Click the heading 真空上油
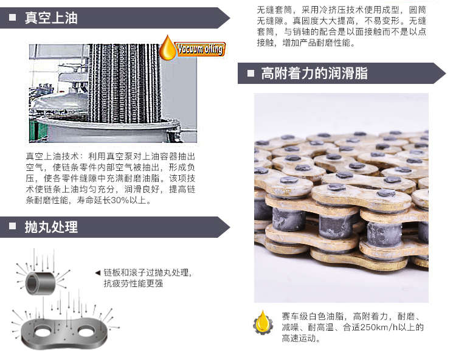[x=51, y=18]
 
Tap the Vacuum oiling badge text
[x=201, y=49]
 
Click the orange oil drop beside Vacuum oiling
[x=167, y=48]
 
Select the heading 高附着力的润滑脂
[x=314, y=74]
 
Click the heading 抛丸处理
[x=51, y=227]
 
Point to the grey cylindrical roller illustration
[x=41, y=282]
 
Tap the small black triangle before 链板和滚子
[x=97, y=272]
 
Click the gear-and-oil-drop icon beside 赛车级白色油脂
[x=263, y=322]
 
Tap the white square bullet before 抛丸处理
[x=13, y=228]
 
